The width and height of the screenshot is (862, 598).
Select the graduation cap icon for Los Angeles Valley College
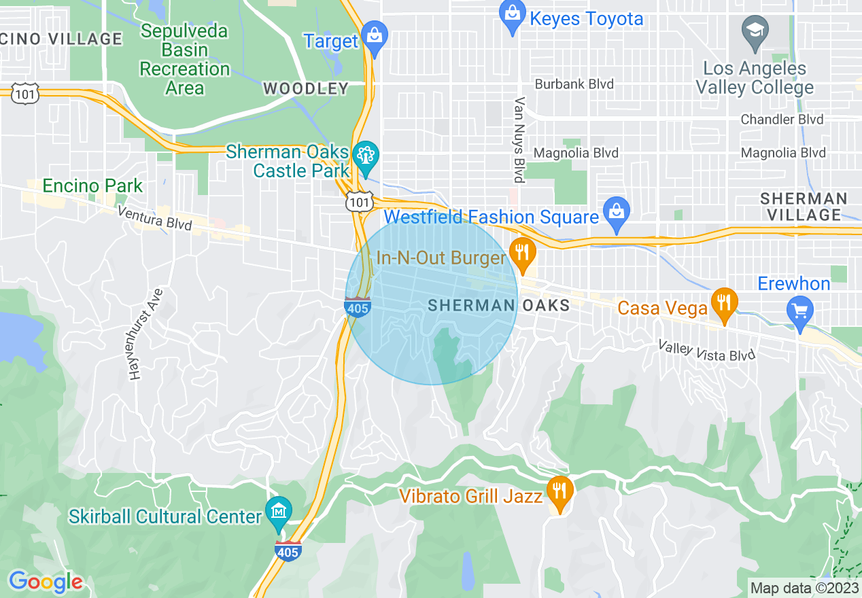click(755, 32)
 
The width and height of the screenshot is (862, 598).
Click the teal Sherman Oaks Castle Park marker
click(366, 154)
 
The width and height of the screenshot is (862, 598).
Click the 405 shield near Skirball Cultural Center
click(288, 550)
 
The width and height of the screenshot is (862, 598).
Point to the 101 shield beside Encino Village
click(24, 94)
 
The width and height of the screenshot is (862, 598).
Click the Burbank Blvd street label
click(574, 84)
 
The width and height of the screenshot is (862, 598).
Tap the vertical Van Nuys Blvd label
click(520, 140)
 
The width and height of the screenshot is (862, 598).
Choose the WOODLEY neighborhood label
click(305, 88)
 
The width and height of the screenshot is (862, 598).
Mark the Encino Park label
click(92, 186)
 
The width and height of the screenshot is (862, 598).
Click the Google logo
click(46, 582)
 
